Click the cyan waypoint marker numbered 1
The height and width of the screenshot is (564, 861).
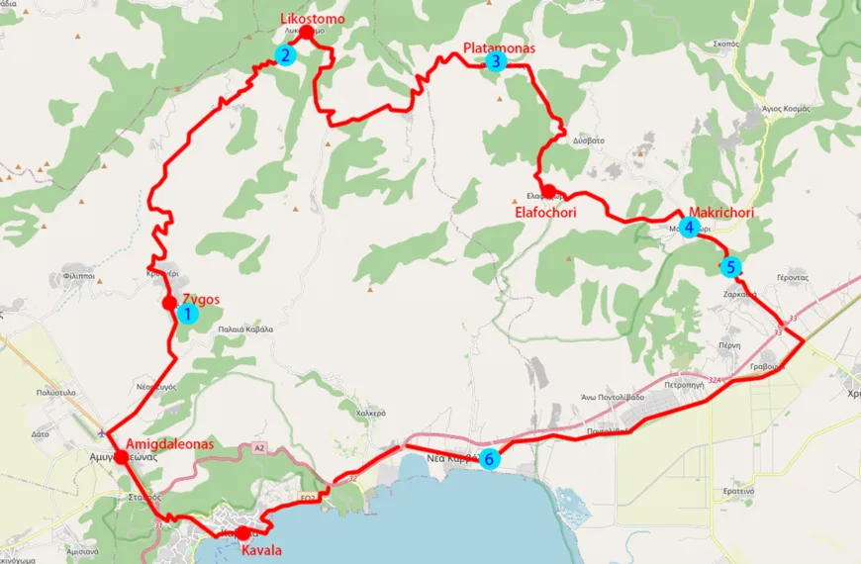[185, 314]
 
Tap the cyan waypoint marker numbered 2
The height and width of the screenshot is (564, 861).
[285, 55]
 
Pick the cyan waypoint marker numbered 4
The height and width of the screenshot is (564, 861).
[689, 227]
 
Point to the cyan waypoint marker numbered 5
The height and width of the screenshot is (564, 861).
[730, 266]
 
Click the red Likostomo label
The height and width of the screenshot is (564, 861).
[310, 20]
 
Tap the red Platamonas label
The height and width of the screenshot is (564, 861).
[499, 47]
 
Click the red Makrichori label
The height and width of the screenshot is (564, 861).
[721, 213]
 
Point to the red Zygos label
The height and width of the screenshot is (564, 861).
[201, 300]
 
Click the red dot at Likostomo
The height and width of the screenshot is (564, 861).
[306, 33]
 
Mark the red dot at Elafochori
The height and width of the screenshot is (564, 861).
[548, 190]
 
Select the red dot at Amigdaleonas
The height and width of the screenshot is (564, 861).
[121, 457]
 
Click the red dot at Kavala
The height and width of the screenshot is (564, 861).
[243, 533]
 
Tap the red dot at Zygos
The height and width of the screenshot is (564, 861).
[170, 302]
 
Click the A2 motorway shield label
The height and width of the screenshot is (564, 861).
[259, 448]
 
